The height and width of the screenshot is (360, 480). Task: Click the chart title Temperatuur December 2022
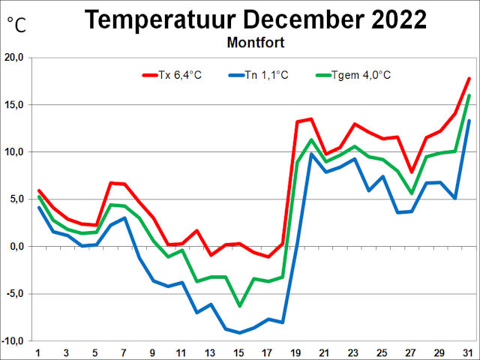coord(256,19)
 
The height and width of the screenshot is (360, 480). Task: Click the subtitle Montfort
coord(255,43)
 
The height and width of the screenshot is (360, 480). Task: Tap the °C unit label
coord(16,25)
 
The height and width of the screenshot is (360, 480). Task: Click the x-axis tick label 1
coord(38,352)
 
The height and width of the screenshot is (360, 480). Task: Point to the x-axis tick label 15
coord(239,352)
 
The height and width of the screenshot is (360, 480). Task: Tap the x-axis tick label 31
coord(469,352)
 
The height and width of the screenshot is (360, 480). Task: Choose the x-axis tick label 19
coord(297,352)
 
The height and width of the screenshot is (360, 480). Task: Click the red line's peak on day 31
coord(469,78)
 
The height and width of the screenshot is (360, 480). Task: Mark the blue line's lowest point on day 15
coord(239,332)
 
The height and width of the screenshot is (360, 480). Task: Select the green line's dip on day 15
coord(239,306)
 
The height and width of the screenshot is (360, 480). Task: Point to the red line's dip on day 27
coord(412,172)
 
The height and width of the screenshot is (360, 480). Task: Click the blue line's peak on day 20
coord(311,154)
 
